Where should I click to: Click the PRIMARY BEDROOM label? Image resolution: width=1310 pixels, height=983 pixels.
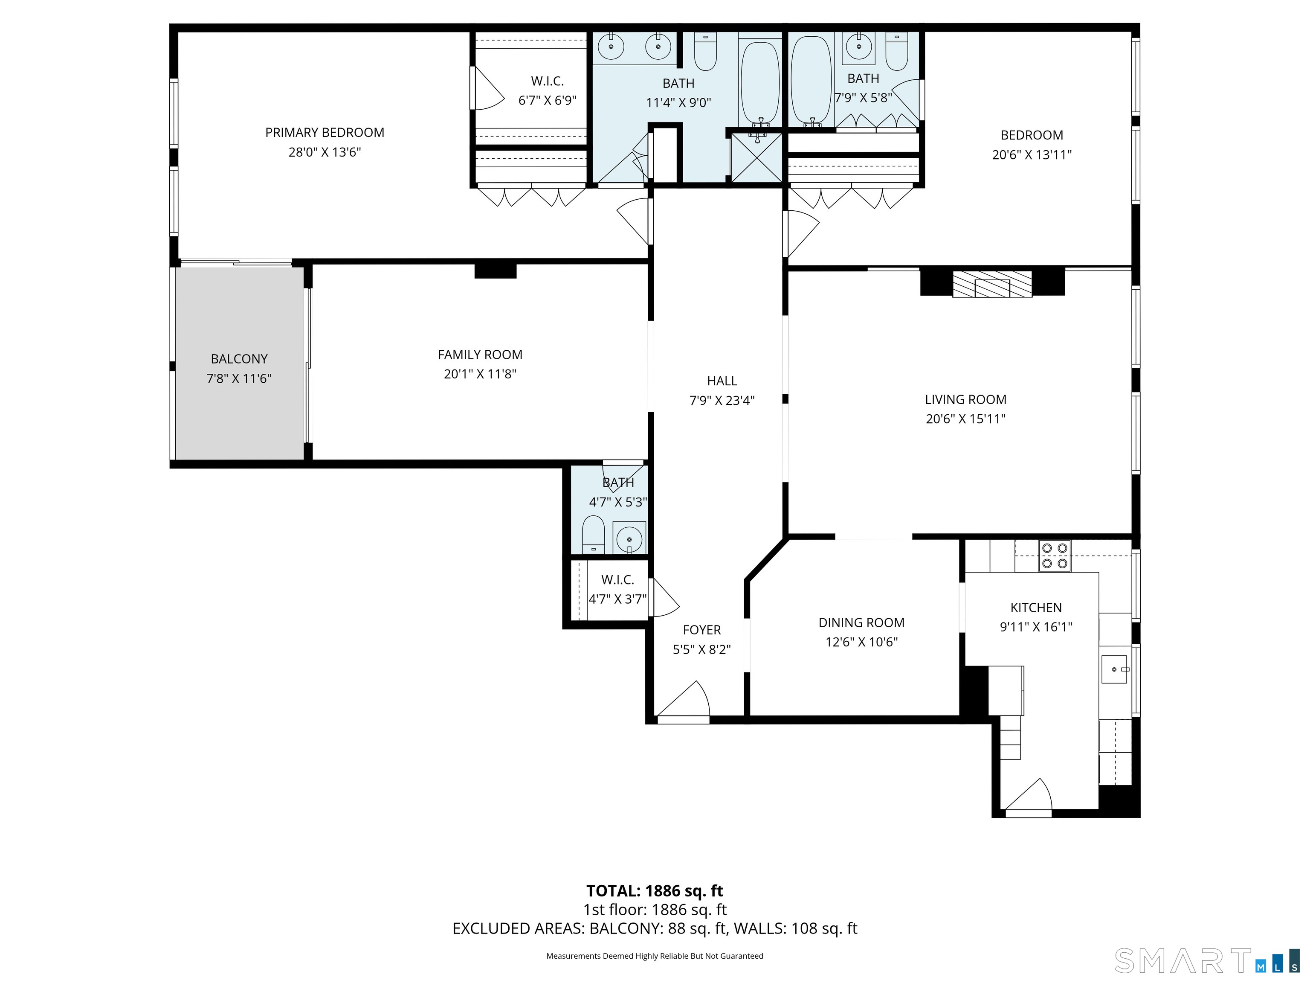pos(325,133)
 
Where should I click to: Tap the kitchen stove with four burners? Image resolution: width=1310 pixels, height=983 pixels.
pos(1054,556)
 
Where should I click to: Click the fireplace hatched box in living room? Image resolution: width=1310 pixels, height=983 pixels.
pos(992,285)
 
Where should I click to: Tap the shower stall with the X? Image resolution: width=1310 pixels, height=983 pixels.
pos(756,157)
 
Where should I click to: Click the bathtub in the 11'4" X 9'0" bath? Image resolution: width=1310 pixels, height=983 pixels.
pos(760,83)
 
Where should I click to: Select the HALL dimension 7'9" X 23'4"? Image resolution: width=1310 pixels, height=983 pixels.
pos(722,401)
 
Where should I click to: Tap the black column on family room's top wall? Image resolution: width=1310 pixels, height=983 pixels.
pos(495,271)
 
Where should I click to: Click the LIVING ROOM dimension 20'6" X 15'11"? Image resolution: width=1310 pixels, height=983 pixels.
pos(965,419)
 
